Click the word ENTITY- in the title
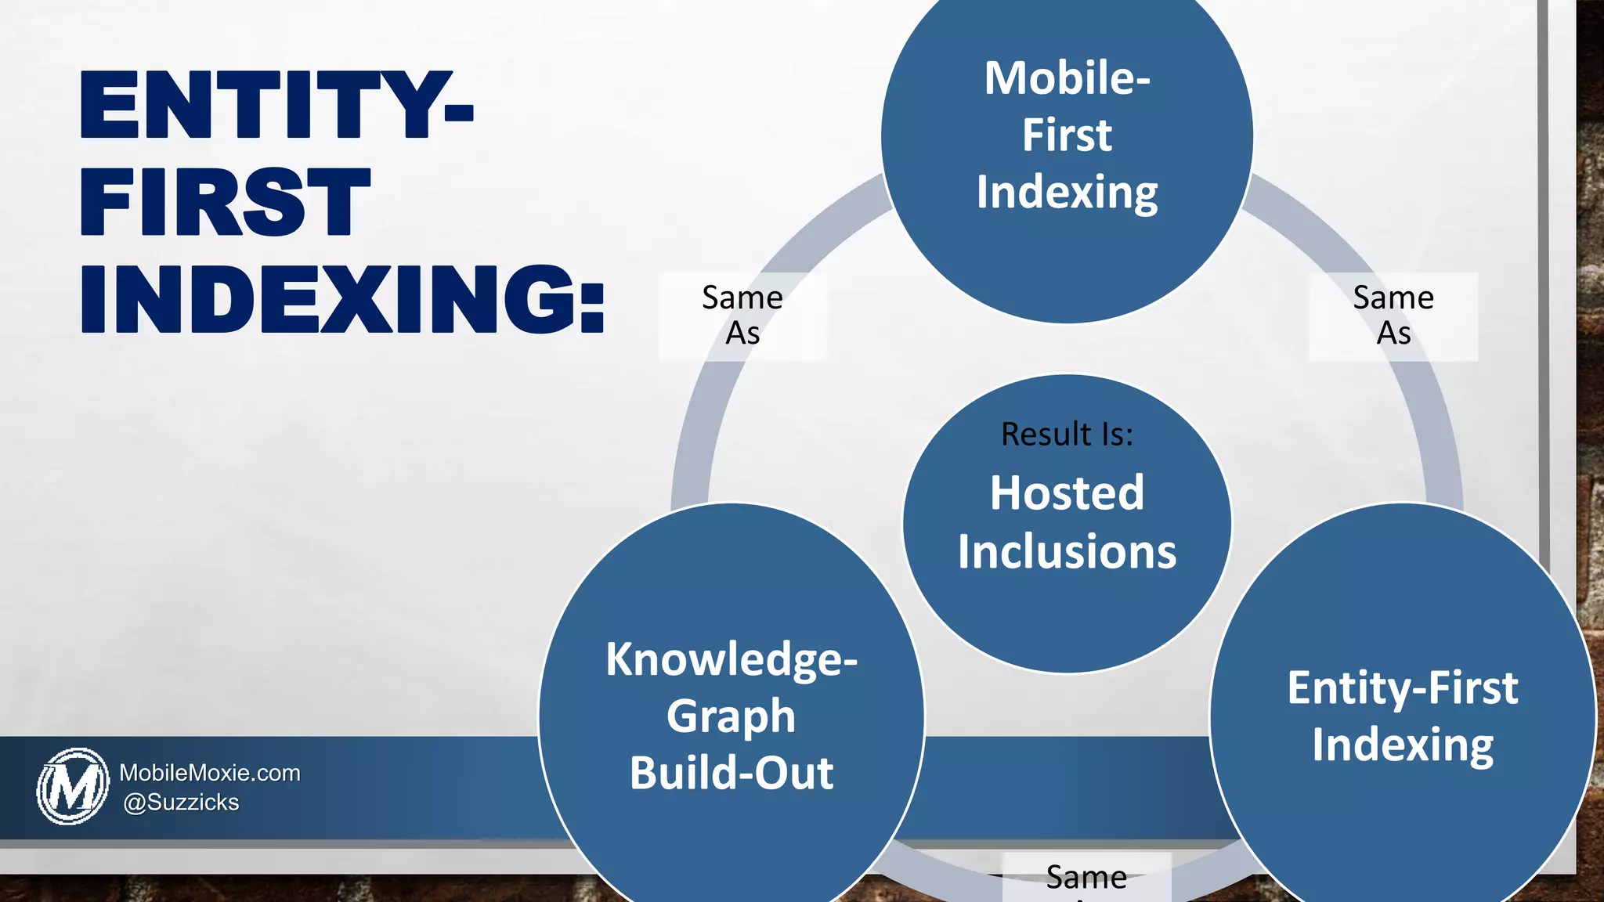(276, 105)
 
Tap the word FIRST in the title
(225, 202)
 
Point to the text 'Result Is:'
(1067, 435)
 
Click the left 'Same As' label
(742, 316)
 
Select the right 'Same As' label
(1393, 316)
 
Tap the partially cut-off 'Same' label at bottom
(1086, 878)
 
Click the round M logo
(73, 786)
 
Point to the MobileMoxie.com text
(210, 773)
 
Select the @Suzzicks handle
(181, 803)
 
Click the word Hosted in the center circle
(1067, 493)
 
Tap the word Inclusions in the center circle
(1067, 552)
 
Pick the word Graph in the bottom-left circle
(731, 716)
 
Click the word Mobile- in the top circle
(1067, 78)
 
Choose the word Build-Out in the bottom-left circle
(731, 774)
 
